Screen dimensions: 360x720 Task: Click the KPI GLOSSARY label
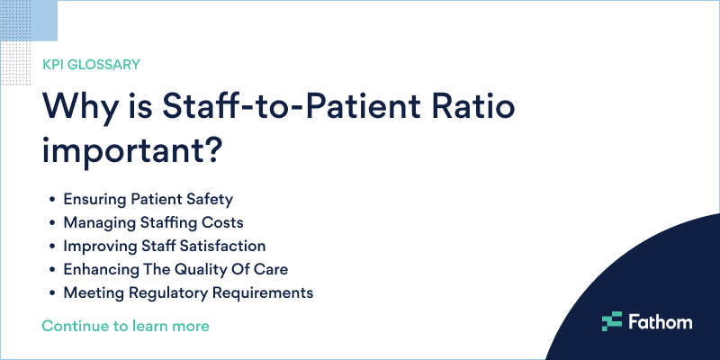(91, 65)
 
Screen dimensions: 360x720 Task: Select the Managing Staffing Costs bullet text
(153, 222)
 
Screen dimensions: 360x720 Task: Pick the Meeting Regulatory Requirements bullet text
(188, 292)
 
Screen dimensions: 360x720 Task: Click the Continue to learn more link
(125, 325)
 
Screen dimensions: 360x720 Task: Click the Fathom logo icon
(612, 320)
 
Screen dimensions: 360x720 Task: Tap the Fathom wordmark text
(660, 320)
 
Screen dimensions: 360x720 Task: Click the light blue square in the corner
(29, 20)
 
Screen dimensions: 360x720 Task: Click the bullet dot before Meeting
(54, 293)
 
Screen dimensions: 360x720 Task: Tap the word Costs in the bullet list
(223, 222)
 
